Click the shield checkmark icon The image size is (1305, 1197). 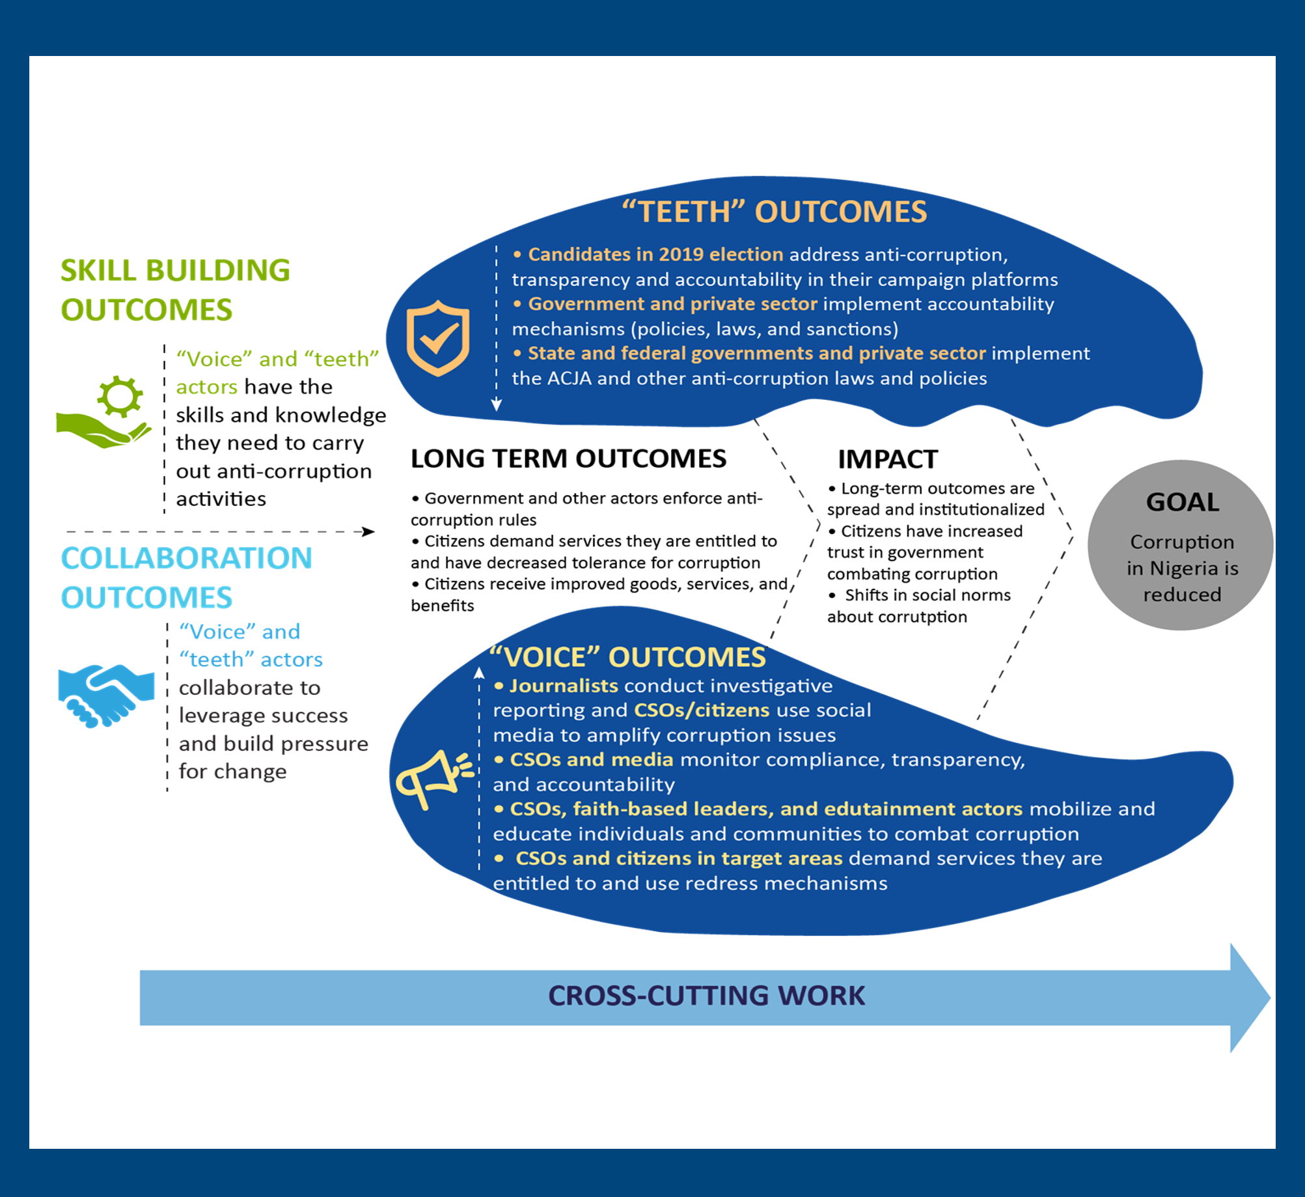pos(437,338)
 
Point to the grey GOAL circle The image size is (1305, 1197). pos(1181,546)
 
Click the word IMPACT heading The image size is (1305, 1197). pos(888,460)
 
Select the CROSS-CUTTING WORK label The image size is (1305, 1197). pos(706,996)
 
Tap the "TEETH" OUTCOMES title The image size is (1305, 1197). pos(774,212)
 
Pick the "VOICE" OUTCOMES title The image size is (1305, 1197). pos(627,657)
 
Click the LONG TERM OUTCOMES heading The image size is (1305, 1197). pos(568,459)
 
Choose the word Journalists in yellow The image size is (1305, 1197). pos(564,686)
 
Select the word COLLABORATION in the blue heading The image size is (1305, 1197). pos(187,558)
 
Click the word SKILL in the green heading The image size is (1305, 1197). pos(99,271)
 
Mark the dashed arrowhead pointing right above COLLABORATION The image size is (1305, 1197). pos(368,532)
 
